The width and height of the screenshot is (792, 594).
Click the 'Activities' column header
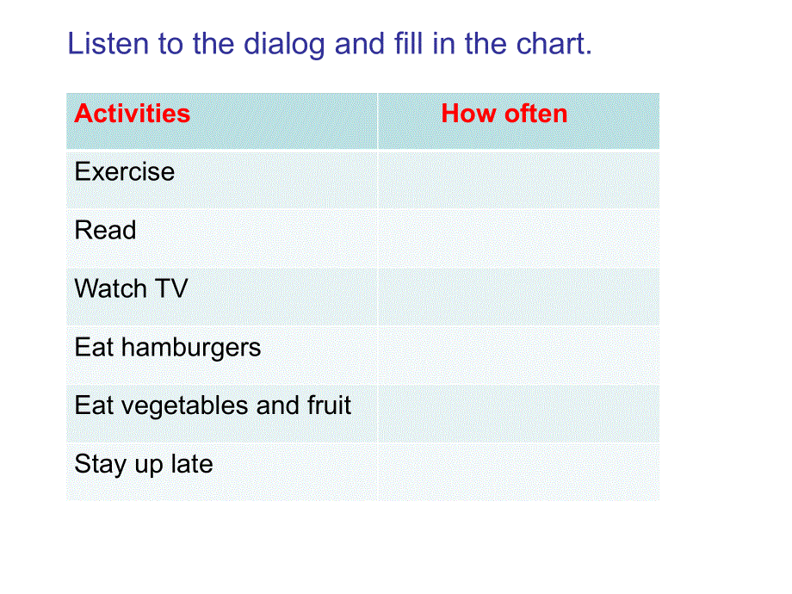coord(132,114)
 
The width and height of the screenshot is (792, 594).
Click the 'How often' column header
coord(504,114)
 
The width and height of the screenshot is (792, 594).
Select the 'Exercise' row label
coord(125,172)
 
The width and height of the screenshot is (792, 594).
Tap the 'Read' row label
coord(105,231)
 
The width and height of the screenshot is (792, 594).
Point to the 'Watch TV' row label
coord(131,288)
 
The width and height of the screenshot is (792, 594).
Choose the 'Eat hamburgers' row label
coord(168,348)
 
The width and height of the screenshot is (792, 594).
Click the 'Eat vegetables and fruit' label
coord(213,405)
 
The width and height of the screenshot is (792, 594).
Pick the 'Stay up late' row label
coord(144,464)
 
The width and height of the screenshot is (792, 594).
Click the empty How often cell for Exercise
coord(518,179)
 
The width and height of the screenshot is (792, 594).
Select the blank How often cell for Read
coord(518,238)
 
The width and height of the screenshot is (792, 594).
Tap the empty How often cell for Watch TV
coord(518,296)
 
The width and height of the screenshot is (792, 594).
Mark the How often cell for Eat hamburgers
coord(518,355)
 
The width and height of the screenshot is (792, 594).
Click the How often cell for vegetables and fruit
coord(518,413)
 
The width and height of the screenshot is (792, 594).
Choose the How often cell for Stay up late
coord(518,471)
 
